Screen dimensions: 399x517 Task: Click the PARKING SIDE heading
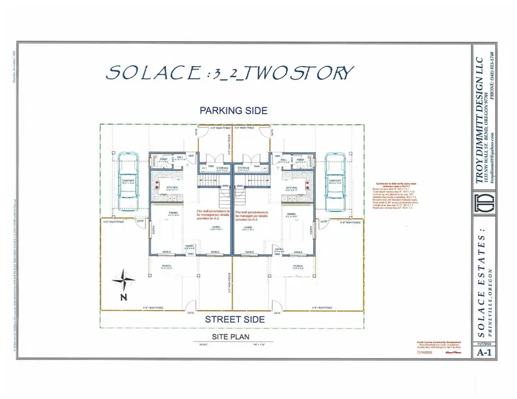(233, 110)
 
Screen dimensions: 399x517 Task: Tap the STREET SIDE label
(233, 320)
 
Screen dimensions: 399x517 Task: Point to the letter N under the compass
(123, 297)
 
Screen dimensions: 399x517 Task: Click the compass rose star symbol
(124, 281)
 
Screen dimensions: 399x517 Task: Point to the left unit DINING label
(173, 215)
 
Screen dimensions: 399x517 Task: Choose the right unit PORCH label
(298, 266)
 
